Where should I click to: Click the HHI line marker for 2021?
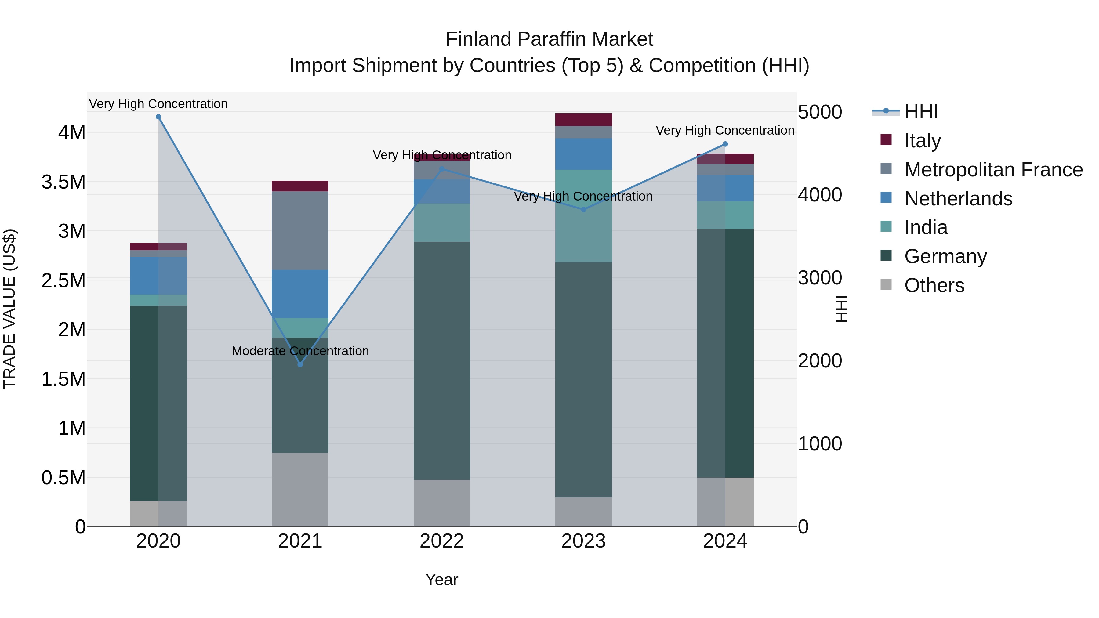click(x=300, y=364)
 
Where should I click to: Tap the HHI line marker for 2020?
click(x=158, y=117)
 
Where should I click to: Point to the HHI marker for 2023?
click(x=584, y=209)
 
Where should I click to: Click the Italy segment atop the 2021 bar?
click(x=300, y=186)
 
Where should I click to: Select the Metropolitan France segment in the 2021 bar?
click(x=300, y=230)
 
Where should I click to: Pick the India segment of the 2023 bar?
click(x=584, y=216)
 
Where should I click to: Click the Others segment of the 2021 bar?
click(x=300, y=489)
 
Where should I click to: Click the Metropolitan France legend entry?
click(x=993, y=170)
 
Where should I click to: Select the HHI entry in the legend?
click(x=921, y=112)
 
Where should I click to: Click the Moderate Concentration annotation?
click(x=300, y=351)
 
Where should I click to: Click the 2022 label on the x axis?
click(x=441, y=541)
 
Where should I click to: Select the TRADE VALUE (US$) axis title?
click(x=9, y=309)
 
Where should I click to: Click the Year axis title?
click(x=441, y=580)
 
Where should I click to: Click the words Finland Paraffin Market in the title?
click(x=549, y=39)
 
